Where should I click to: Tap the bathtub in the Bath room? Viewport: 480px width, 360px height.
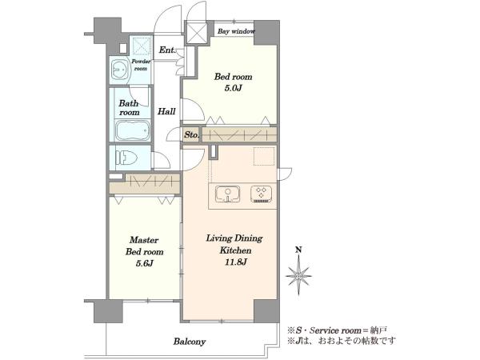133,130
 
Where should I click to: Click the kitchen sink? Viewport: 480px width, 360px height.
227,194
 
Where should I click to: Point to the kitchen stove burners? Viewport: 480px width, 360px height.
261,194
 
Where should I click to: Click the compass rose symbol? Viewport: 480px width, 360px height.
298,275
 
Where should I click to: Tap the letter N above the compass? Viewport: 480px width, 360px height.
298,250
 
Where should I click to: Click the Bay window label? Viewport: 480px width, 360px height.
236,31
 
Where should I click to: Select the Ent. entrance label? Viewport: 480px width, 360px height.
167,50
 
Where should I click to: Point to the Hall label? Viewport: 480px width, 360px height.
166,111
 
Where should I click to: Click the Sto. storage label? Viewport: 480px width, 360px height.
191,134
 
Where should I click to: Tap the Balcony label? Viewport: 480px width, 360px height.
190,342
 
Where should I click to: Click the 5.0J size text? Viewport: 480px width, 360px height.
234,88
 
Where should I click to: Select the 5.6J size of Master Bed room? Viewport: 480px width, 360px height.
144,263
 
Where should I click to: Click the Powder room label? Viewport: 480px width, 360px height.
141,65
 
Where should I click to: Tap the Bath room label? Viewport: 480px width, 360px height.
129,108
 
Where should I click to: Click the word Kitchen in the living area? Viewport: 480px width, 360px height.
235,250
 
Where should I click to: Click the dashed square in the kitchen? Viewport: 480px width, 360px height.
264,156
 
